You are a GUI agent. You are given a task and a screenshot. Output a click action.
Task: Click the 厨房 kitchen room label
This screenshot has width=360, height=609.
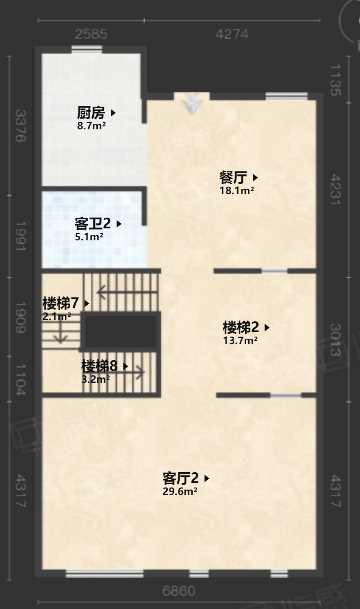click(92, 113)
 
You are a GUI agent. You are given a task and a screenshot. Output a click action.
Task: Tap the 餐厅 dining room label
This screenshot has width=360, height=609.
click(234, 177)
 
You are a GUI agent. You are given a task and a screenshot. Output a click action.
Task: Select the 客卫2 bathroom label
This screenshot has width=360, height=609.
click(94, 225)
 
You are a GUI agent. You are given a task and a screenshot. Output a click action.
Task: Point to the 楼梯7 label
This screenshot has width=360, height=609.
click(61, 302)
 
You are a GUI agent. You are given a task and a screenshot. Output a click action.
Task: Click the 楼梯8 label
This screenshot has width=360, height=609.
click(100, 366)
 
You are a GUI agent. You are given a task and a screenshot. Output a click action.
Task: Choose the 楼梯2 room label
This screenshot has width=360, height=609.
click(241, 327)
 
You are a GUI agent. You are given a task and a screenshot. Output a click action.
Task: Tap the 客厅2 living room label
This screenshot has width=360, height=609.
click(182, 478)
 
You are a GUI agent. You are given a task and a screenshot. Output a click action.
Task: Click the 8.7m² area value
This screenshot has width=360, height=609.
click(92, 127)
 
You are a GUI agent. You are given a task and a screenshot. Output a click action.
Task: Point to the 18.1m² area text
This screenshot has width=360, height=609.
click(237, 190)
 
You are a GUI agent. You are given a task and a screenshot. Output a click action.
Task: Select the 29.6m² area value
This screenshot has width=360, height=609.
click(180, 491)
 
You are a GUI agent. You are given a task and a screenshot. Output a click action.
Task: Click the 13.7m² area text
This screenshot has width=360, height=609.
click(240, 340)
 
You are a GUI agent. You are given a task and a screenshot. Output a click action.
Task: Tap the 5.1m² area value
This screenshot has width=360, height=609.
click(90, 238)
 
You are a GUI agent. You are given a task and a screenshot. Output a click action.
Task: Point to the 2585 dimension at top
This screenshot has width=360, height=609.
click(91, 34)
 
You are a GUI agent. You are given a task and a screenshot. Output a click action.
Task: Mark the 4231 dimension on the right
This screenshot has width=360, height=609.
click(335, 190)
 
